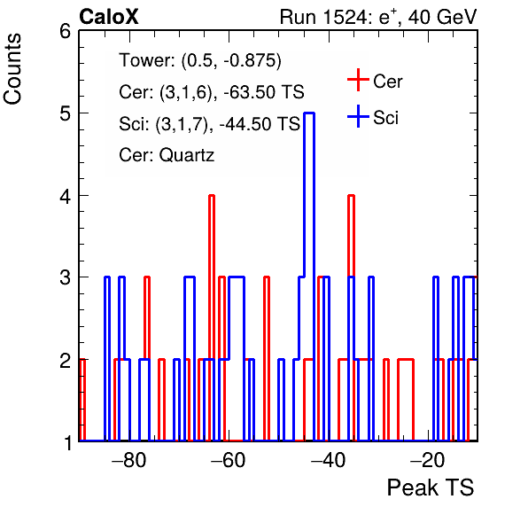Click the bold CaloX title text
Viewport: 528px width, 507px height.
point(109,17)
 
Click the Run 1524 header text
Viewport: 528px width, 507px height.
point(378,17)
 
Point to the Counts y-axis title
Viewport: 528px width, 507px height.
point(12,69)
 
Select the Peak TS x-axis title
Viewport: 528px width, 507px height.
point(431,487)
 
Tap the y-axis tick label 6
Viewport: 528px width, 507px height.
point(65,32)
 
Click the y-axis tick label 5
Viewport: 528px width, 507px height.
point(65,113)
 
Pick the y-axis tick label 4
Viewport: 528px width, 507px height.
point(65,196)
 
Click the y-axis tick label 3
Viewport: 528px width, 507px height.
point(65,277)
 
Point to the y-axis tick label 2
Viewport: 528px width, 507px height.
point(65,360)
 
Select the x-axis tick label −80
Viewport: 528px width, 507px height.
point(129,460)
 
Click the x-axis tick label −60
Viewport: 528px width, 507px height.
point(229,460)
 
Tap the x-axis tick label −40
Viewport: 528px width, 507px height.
point(329,460)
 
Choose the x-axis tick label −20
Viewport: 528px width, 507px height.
point(428,460)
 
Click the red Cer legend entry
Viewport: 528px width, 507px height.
point(375,80)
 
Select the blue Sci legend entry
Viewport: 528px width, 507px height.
point(373,117)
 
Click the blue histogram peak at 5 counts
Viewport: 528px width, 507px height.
point(309,113)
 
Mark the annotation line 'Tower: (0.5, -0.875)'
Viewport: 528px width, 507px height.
point(200,60)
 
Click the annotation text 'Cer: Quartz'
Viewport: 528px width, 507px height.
point(167,155)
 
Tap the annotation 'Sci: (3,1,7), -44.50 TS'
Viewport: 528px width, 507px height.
point(209,124)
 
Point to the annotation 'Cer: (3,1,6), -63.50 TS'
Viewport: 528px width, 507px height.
point(212,92)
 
